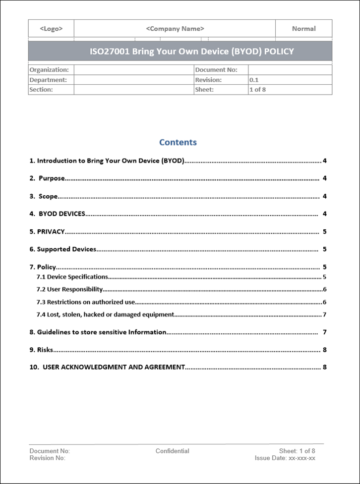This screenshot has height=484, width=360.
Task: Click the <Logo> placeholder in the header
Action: [51, 29]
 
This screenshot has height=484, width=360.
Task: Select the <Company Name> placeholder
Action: [175, 29]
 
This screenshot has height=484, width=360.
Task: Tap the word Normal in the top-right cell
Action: [303, 29]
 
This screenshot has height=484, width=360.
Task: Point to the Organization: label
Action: [49, 70]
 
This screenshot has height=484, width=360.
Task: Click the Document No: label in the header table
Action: [216, 70]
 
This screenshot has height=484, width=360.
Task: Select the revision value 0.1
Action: [254, 80]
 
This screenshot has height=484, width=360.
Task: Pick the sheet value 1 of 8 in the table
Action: [257, 90]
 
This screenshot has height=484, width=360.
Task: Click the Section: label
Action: [41, 90]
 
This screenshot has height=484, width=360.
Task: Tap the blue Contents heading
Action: [178, 142]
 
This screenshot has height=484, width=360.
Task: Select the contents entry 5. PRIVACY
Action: [48, 232]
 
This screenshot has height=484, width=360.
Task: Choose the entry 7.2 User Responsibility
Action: [70, 289]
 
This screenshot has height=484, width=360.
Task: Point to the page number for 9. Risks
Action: [324, 350]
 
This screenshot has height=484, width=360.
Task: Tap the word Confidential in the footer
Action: [172, 451]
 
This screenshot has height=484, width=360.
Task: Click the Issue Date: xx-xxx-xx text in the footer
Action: [285, 458]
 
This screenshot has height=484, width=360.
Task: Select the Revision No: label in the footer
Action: [48, 458]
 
